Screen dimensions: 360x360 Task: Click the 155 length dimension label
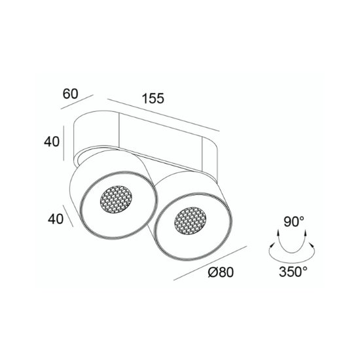point(153,98)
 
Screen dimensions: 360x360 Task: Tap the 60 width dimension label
point(71,94)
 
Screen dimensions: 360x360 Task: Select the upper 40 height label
point(52,141)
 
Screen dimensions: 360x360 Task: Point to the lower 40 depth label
point(56,219)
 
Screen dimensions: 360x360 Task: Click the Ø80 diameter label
point(221,272)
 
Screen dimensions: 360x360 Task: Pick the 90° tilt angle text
point(294,222)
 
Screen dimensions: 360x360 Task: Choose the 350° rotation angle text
point(293,272)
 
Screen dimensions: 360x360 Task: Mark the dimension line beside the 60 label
point(77,101)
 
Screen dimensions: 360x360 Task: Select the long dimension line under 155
point(163,115)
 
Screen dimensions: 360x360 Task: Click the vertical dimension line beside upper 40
point(63,143)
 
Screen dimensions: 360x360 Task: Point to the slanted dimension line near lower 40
point(68,216)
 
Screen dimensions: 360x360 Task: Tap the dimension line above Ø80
point(210,263)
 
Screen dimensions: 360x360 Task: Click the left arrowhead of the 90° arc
point(278,233)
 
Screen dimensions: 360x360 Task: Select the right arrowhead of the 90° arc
point(306,233)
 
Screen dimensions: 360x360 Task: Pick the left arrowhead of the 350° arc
point(272,245)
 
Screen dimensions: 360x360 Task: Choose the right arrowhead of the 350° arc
point(312,245)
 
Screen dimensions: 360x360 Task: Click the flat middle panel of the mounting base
point(160,141)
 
